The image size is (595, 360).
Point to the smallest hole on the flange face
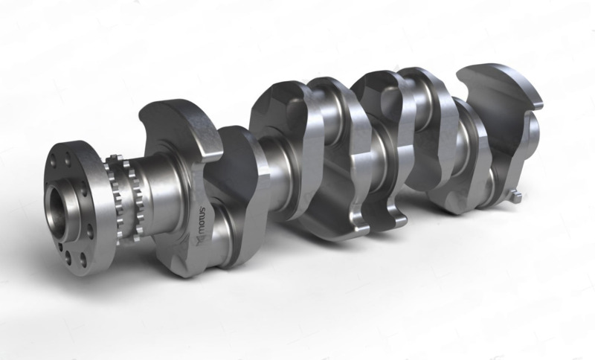click(x=61, y=247)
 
